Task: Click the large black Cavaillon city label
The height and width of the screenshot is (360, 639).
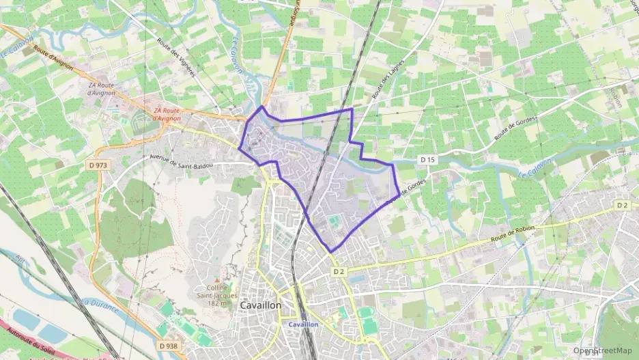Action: pyautogui.click(x=260, y=306)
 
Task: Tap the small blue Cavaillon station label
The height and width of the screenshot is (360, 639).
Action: pyautogui.click(x=303, y=324)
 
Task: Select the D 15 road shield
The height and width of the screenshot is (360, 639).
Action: pyautogui.click(x=428, y=159)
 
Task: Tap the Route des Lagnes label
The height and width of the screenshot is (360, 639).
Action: pyautogui.click(x=388, y=79)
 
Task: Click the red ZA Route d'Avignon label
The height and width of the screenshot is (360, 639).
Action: pyautogui.click(x=167, y=114)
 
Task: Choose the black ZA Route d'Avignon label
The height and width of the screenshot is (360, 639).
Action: pyautogui.click(x=103, y=89)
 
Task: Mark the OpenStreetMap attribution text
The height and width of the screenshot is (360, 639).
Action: pyautogui.click(x=603, y=350)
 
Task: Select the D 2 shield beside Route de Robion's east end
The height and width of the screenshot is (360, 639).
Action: pyautogui.click(x=621, y=205)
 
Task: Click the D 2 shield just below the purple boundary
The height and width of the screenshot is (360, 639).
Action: pyautogui.click(x=339, y=271)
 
